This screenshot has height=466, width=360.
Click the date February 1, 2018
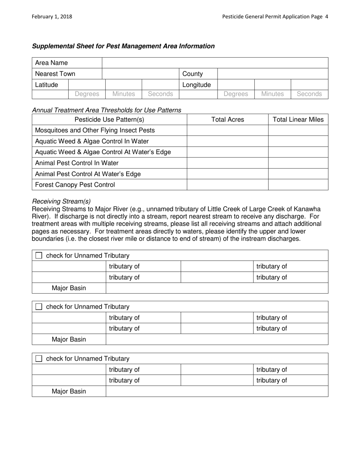coord(52,17)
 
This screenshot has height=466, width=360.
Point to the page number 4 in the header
coord(326,17)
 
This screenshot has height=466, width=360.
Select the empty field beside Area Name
coord(215,63)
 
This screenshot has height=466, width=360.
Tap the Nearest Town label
coord(55,74)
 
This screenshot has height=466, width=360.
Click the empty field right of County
coord(272,74)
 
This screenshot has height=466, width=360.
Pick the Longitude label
coord(196,85)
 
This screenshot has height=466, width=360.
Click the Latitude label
coord(47,85)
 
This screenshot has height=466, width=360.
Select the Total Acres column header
coord(227,119)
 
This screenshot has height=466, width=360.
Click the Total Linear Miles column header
coord(298,119)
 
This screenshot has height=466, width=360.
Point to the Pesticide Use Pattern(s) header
coord(109,119)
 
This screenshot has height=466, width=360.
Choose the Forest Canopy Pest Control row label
coord(75,185)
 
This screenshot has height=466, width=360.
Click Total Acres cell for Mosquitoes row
coord(227,130)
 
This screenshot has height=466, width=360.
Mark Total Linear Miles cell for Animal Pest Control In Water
coord(298,163)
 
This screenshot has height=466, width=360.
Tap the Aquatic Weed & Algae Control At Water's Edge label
coord(103,152)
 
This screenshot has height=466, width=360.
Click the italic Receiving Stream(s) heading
coord(61,201)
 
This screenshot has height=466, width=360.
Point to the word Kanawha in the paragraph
coord(307,209)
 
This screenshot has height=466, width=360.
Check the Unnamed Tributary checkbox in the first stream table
coord(39,256)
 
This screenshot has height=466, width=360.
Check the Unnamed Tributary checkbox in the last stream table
coord(39,359)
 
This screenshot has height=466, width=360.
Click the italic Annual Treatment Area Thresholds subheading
coord(106,110)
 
